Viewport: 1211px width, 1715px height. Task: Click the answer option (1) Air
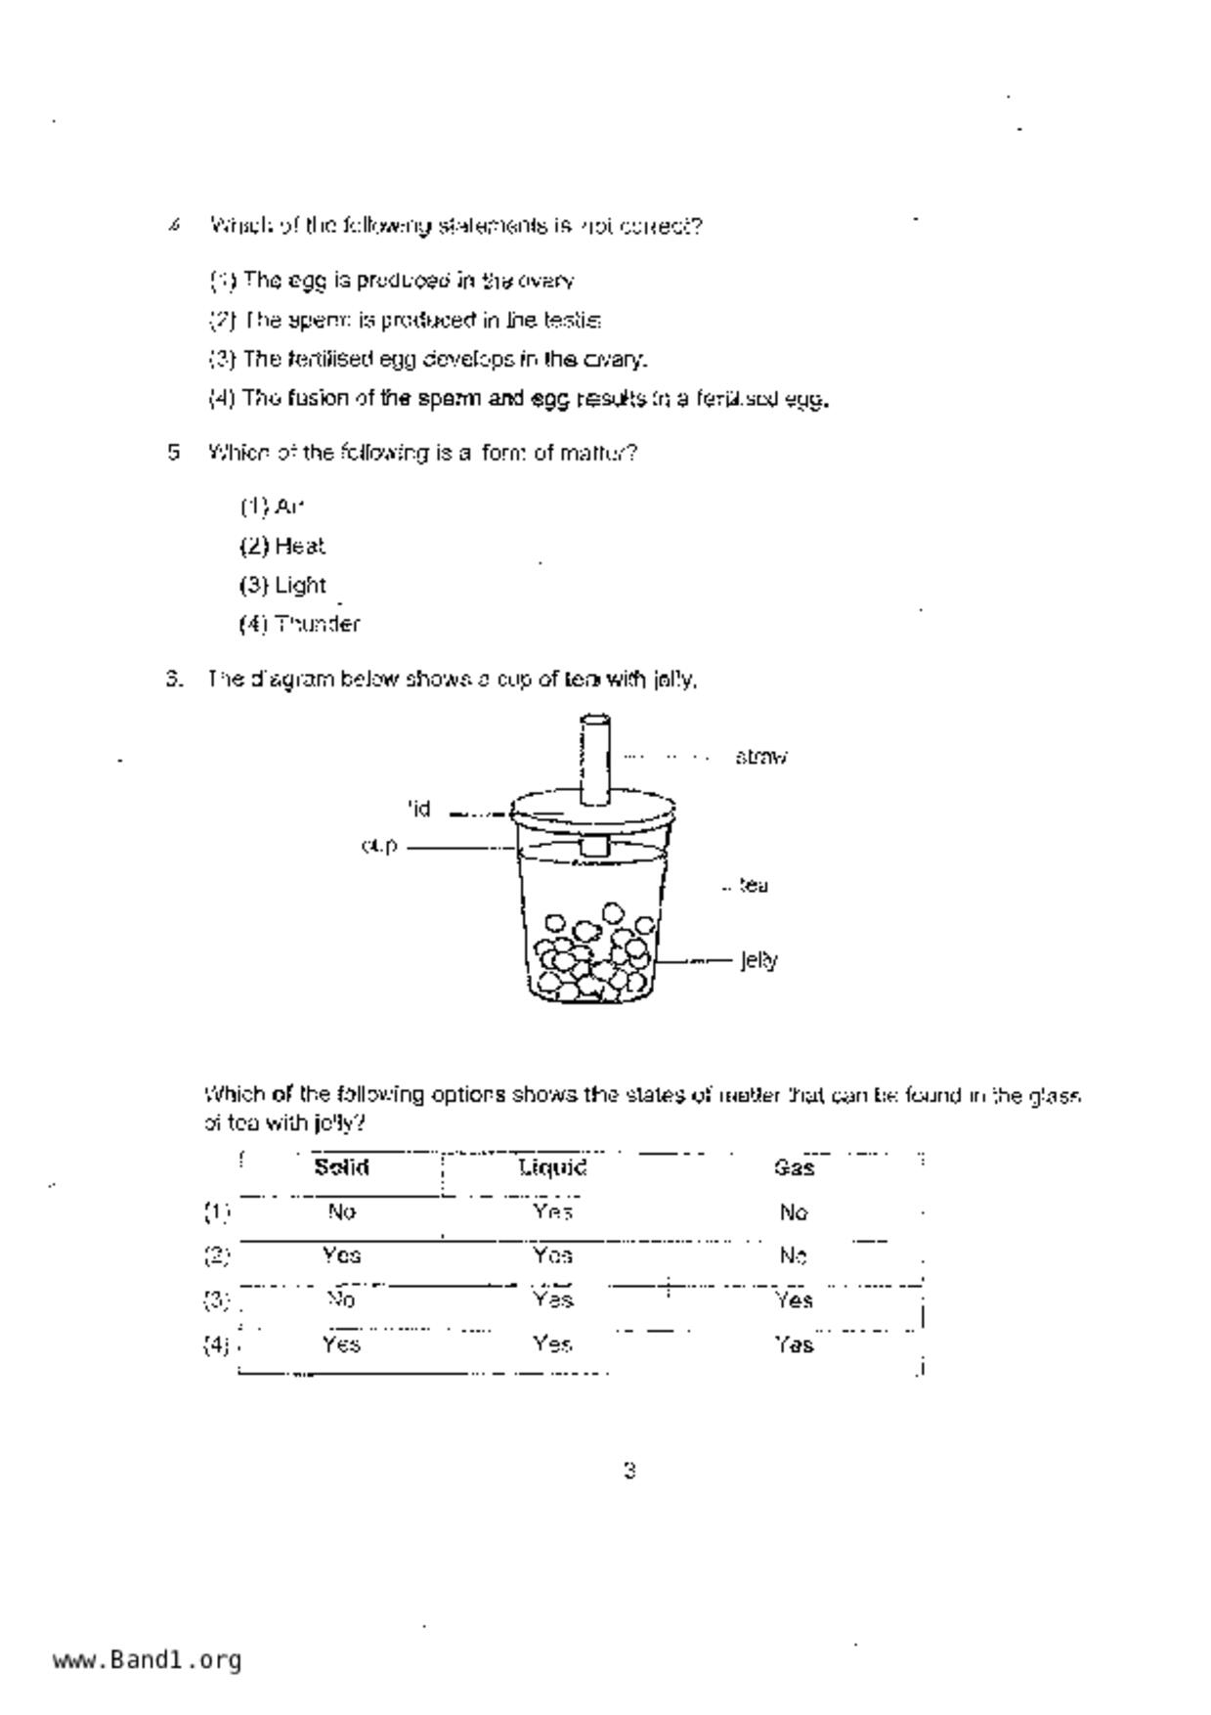[273, 506]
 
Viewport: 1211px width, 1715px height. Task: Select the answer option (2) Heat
[282, 546]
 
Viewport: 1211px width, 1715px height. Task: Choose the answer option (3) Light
[283, 585]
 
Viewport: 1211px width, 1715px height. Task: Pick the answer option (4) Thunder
[300, 624]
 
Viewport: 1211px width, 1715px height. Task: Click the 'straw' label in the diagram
[760, 757]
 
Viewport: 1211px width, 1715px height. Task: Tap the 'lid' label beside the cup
[418, 810]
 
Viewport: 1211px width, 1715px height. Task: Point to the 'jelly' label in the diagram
[758, 960]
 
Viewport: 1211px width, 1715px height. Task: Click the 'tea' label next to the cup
[753, 886]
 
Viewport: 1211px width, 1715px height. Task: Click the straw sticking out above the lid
[595, 758]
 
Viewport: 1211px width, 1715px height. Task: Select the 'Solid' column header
[341, 1167]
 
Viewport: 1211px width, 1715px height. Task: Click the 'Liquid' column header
[552, 1167]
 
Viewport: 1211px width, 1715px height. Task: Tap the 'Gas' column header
[794, 1167]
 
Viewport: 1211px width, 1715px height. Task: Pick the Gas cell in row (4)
[795, 1345]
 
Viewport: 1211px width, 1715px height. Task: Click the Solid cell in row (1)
[341, 1212]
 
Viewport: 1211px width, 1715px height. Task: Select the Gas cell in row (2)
[794, 1255]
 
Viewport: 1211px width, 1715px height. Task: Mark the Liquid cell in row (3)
[552, 1299]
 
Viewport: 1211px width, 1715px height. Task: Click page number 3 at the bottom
[629, 1471]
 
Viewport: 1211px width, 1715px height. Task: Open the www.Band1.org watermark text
[148, 1660]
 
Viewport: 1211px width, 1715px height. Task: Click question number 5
[174, 453]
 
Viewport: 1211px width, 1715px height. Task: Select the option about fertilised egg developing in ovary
[428, 360]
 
